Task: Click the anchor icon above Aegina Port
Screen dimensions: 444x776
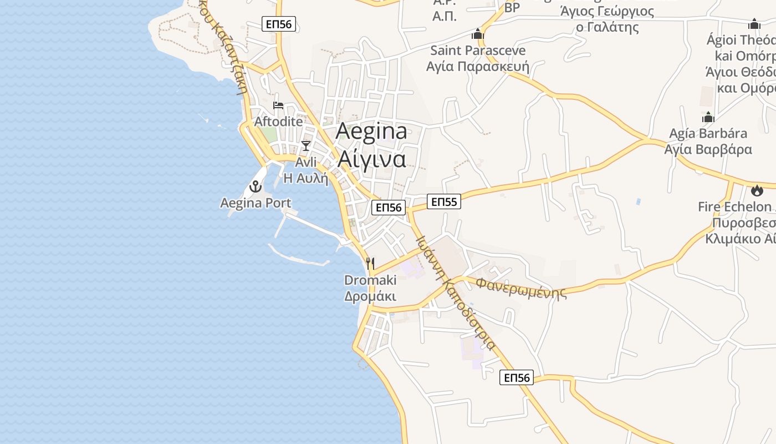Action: coord(256,186)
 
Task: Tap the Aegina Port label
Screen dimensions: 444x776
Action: coord(256,203)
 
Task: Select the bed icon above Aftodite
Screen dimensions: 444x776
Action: coord(278,105)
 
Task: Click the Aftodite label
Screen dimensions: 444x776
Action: coord(279,122)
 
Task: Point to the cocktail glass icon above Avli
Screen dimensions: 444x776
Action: coord(305,146)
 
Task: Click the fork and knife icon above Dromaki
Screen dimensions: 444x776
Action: coord(370,263)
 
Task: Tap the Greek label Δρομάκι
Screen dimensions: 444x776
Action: coord(370,296)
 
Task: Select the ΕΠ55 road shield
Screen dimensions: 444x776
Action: coord(444,202)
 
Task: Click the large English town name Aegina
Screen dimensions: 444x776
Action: coord(371,131)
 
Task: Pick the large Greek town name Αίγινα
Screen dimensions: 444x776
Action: coord(371,159)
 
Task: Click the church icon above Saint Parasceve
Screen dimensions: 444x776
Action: coord(478,34)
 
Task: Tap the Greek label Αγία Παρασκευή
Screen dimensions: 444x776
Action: coord(478,67)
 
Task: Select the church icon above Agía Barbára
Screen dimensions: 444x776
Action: coord(708,118)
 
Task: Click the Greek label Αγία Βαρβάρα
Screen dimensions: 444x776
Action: coord(708,149)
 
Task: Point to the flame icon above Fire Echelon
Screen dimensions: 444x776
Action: coord(757,191)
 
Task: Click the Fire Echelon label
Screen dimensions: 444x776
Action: coord(734,207)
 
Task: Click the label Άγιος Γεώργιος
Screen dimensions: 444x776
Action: coord(607,12)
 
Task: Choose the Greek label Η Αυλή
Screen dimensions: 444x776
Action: coord(305,179)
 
